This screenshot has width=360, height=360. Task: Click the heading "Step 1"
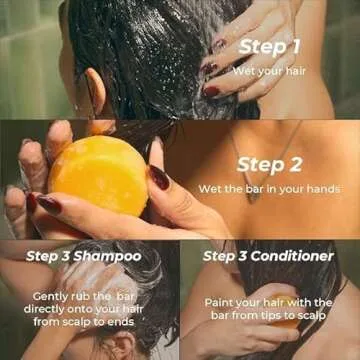coord(270,47)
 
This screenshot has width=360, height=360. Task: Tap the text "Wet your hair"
coord(270,71)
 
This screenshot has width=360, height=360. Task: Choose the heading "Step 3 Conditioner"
coord(268,256)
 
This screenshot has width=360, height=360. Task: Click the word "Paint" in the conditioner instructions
coord(222,301)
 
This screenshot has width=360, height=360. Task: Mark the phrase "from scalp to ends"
coord(83,323)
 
